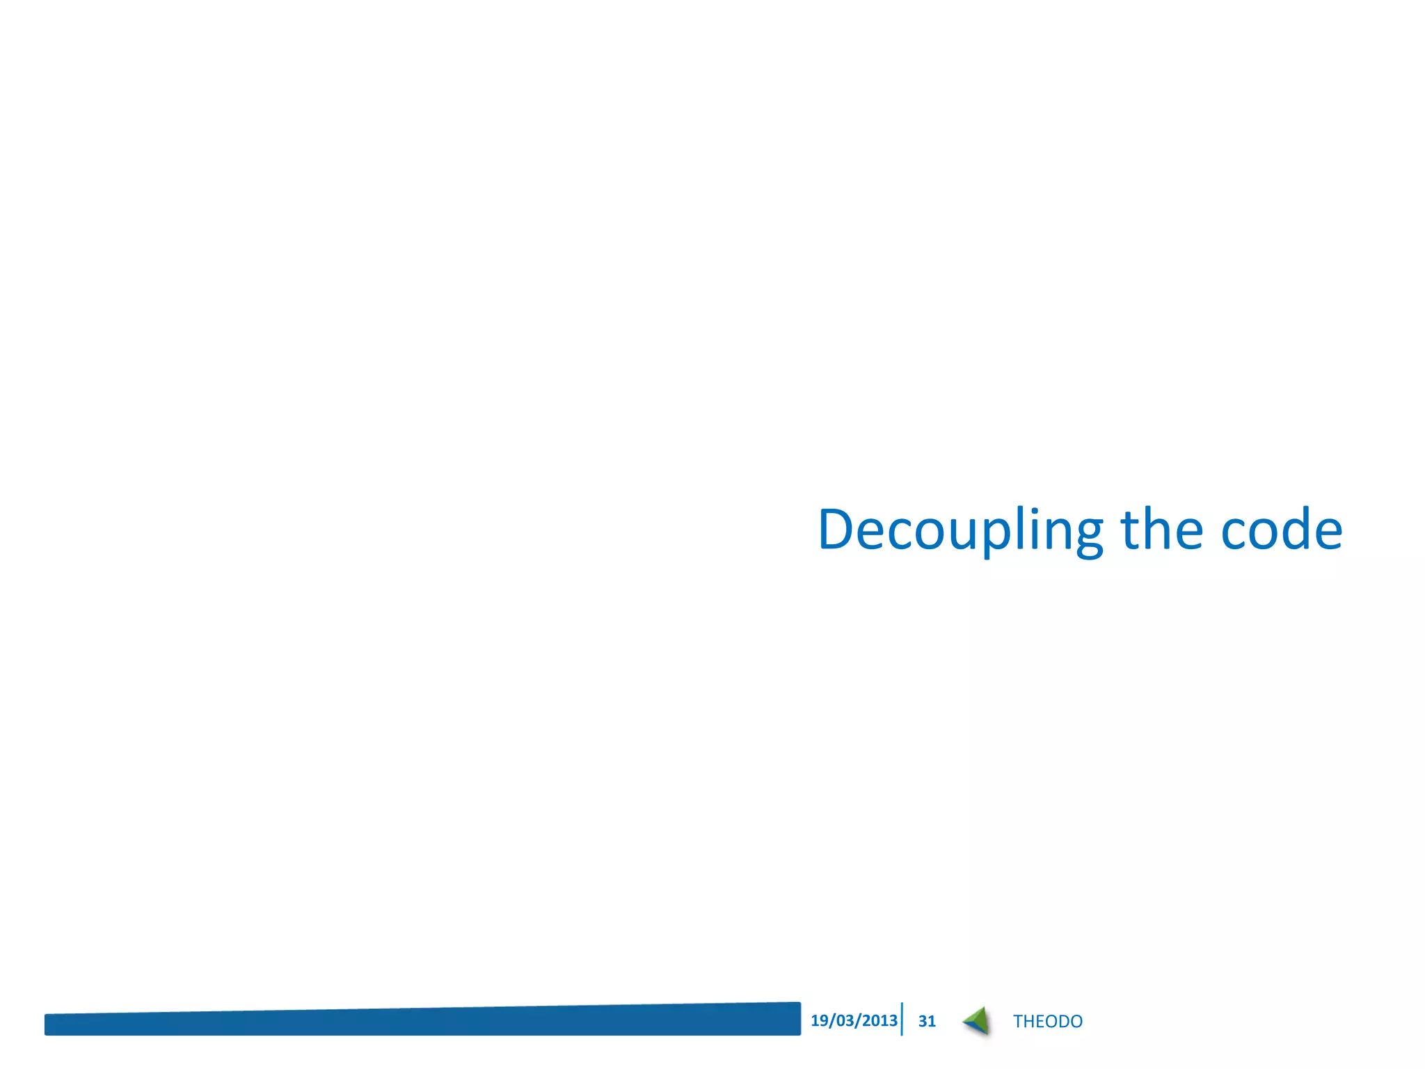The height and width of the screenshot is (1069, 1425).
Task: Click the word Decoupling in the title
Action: point(960,530)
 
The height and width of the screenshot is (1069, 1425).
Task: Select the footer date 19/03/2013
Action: point(854,1020)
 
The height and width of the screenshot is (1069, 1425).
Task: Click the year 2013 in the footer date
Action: point(879,1020)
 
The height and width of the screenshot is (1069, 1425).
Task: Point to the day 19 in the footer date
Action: point(819,1020)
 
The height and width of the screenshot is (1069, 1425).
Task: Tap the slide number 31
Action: point(927,1021)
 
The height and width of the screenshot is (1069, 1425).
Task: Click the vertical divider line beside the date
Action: point(902,1020)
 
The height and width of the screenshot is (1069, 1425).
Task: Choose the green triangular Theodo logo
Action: point(977,1020)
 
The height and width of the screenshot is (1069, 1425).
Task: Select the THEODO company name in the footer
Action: point(1047,1021)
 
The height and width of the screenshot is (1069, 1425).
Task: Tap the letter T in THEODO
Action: point(1018,1021)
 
